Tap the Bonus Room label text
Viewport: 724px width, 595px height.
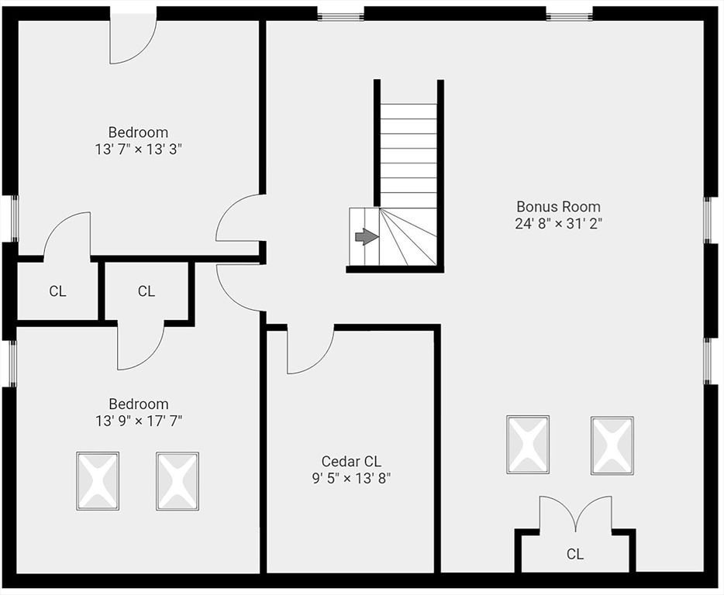click(558, 207)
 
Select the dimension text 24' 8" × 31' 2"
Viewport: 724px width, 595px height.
click(558, 224)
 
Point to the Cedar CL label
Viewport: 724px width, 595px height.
click(351, 462)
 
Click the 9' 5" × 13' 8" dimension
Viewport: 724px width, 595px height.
click(346, 478)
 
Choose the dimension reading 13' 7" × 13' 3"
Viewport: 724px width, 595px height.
click(138, 149)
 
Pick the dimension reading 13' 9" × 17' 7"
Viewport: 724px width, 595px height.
click(138, 421)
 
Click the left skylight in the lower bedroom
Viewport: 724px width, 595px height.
click(98, 481)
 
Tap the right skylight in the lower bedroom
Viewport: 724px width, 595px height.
click(178, 481)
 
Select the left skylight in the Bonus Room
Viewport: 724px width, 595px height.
click(528, 445)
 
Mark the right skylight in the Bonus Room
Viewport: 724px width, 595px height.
click(612, 445)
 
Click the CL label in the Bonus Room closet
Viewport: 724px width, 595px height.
click(574, 554)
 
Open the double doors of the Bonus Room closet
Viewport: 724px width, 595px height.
click(575, 514)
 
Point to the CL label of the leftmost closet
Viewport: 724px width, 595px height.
click(57, 292)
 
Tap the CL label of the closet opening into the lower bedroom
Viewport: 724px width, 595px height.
click(147, 292)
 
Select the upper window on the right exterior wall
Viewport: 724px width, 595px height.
click(707, 220)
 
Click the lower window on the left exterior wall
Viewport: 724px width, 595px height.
click(12, 363)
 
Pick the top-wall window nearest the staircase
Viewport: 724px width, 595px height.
click(340, 13)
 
